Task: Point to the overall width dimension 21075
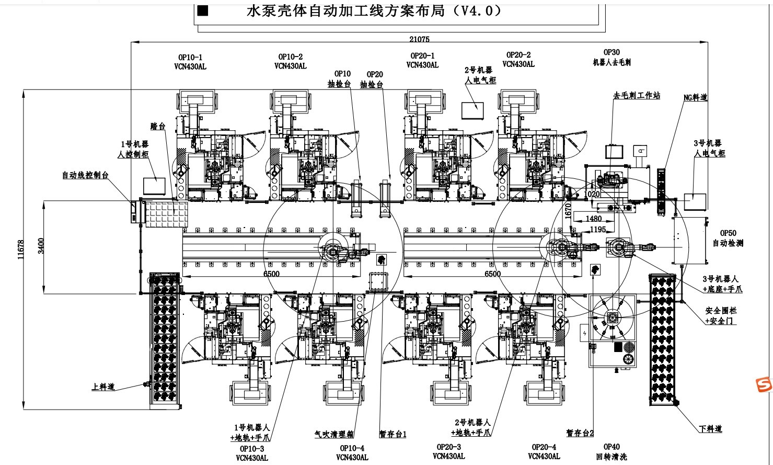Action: [x=419, y=39]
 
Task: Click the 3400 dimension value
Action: [x=41, y=246]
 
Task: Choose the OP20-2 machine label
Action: [x=518, y=60]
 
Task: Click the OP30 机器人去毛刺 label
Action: [x=611, y=57]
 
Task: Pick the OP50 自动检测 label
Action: [x=728, y=239]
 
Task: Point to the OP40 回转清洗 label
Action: [x=611, y=451]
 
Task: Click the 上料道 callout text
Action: [x=102, y=387]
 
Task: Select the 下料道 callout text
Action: [x=710, y=429]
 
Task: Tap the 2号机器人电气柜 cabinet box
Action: [x=472, y=110]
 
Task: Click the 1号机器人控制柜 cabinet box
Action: [x=154, y=186]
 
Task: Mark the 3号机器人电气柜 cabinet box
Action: [x=695, y=201]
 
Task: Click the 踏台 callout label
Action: [x=157, y=126]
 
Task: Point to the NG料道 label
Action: [x=695, y=97]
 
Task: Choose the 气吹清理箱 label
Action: [x=334, y=434]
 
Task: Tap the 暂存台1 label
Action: [x=393, y=434]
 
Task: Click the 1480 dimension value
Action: [x=593, y=219]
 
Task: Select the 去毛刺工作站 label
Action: [x=636, y=95]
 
